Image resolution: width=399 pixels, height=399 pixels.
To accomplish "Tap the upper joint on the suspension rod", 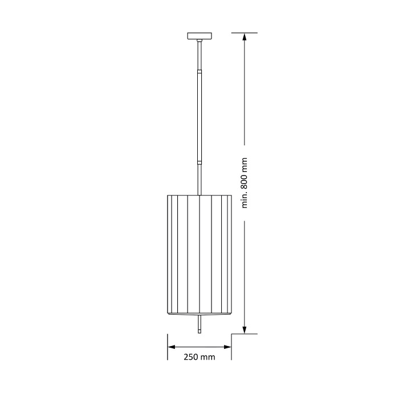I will click(199, 71).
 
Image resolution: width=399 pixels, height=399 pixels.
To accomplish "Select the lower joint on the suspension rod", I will click(199, 162).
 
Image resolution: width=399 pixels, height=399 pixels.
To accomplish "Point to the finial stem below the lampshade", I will click(199, 324).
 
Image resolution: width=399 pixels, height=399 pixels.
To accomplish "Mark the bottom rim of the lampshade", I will click(199, 313).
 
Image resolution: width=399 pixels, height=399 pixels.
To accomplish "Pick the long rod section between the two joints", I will click(199, 117).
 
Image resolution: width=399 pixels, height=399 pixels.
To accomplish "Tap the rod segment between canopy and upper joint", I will click(199, 55).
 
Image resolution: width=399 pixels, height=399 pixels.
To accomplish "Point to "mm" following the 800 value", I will click(245, 165).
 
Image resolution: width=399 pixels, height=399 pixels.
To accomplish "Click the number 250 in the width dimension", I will click(191, 357).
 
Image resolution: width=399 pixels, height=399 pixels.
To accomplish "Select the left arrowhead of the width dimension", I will click(171, 347).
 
